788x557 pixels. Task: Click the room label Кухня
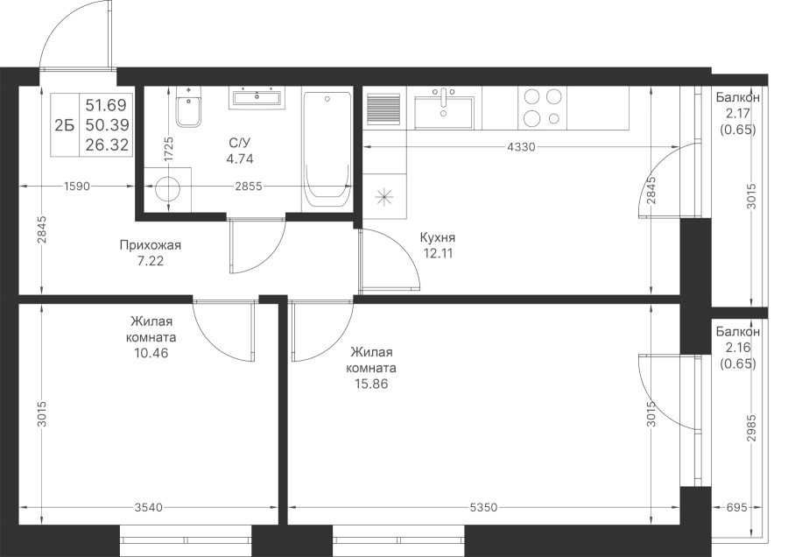point(437,237)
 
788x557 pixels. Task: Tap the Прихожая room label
point(151,245)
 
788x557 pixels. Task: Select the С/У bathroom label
point(240,144)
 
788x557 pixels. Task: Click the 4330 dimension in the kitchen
point(521,147)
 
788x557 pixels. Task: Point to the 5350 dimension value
point(483,508)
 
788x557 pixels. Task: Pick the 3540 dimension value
point(149,508)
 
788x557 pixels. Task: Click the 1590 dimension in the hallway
point(77,187)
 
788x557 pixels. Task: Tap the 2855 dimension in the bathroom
point(249,187)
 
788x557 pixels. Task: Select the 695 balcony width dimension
point(737,508)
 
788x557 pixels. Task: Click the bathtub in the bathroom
point(327,152)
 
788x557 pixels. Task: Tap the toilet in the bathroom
point(189,107)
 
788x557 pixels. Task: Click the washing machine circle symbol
point(168,189)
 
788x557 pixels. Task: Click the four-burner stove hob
point(542,107)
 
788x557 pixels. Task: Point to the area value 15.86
point(371,384)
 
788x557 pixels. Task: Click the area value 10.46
point(151,354)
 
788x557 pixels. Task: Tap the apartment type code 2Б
point(64,125)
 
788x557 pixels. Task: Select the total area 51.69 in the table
point(107,105)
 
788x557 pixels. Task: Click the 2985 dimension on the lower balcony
point(751,428)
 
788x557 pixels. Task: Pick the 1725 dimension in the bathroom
point(168,149)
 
